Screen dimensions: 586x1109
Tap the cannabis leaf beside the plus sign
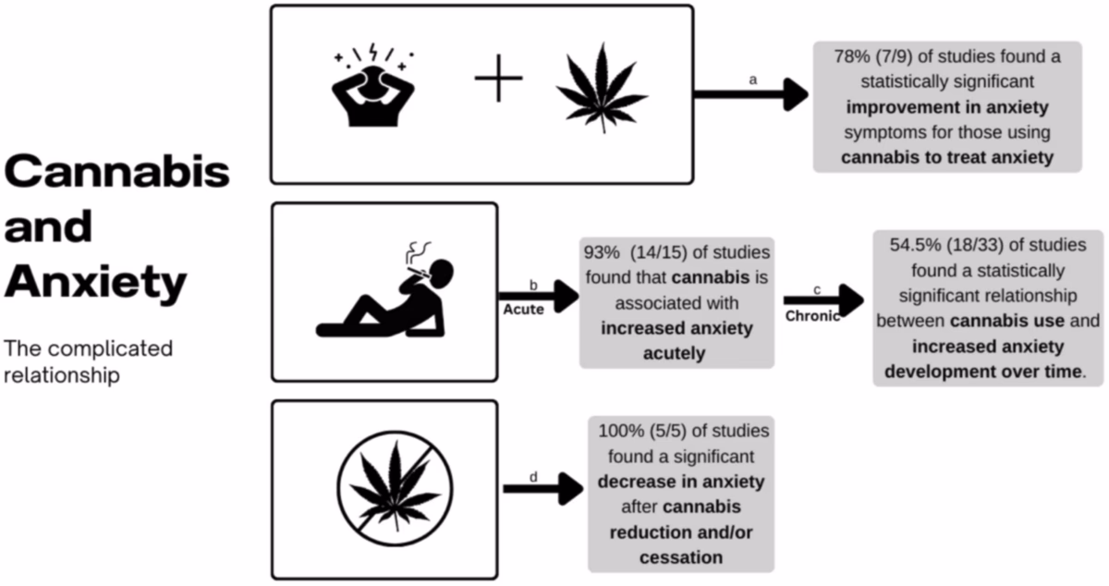coord(602,87)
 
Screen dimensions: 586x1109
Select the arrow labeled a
coord(751,94)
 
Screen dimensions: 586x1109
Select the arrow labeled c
coord(823,300)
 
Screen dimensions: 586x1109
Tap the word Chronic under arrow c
coord(812,315)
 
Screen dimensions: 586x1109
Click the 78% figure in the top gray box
coord(852,57)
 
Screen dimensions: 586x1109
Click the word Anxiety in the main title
coord(95,283)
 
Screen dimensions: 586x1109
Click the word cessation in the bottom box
coord(680,557)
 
